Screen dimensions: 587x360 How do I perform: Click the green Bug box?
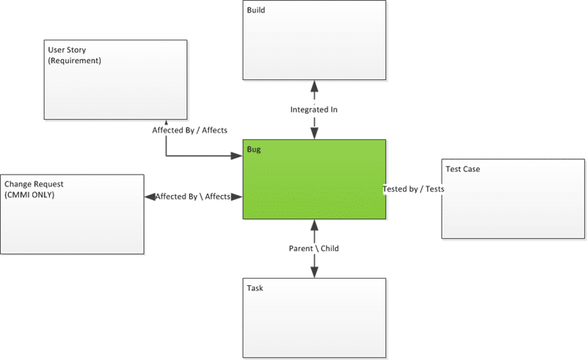[314, 179]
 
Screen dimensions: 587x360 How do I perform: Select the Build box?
[314, 40]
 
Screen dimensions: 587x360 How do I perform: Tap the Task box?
[314, 317]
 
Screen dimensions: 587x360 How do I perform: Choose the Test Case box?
[513, 199]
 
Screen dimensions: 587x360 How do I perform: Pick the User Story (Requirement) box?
[115, 80]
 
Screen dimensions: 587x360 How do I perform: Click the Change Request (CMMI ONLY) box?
[72, 214]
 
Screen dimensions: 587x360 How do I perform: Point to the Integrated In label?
[314, 110]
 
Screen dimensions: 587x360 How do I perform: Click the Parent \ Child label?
[314, 249]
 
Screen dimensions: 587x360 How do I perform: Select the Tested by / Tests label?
[413, 189]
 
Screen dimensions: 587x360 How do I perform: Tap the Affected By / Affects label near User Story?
[189, 131]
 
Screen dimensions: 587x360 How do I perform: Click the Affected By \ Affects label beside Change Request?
[193, 196]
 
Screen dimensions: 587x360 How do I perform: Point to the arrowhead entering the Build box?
[315, 87]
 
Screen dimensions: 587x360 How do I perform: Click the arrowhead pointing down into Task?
[315, 272]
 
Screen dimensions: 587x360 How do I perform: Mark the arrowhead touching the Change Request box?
[150, 196]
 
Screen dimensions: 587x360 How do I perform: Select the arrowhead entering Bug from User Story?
[237, 155]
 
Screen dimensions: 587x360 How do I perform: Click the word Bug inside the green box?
[254, 150]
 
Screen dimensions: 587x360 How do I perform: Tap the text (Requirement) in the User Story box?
[75, 61]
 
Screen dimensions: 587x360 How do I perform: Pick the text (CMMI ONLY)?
[29, 195]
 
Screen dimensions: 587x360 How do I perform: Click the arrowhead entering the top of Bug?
[315, 133]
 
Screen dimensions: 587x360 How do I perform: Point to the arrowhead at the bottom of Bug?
[315, 225]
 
